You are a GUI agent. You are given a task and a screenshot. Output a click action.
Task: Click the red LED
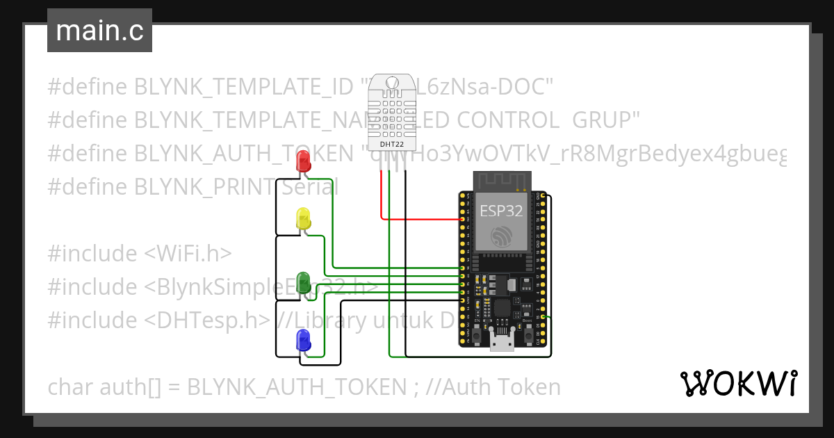pyautogui.click(x=303, y=163)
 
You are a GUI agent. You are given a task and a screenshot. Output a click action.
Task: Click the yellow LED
pyautogui.click(x=303, y=218)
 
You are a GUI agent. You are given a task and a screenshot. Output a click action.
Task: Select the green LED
pyautogui.click(x=303, y=282)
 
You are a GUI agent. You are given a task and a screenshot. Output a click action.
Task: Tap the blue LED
pyautogui.click(x=303, y=340)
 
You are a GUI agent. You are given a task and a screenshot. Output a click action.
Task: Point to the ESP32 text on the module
pyautogui.click(x=500, y=211)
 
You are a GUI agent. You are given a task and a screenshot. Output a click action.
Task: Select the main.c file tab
pyautogui.click(x=99, y=31)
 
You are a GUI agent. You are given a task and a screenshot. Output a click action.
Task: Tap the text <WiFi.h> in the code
pyautogui.click(x=188, y=254)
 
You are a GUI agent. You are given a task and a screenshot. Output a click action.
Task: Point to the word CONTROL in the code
pyautogui.click(x=514, y=120)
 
